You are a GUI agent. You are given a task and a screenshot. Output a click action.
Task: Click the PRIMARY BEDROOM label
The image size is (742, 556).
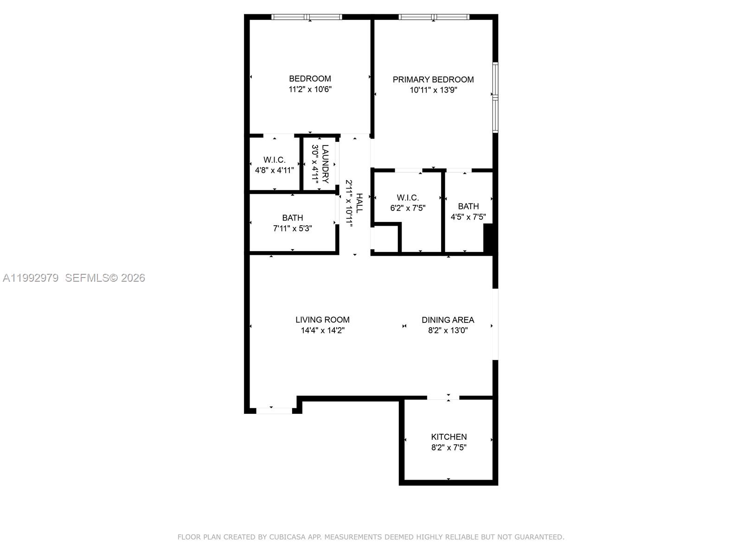click(x=433, y=80)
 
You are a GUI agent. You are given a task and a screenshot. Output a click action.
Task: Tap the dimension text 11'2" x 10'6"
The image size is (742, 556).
click(x=310, y=89)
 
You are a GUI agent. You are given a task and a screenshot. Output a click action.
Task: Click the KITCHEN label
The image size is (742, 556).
click(x=448, y=437)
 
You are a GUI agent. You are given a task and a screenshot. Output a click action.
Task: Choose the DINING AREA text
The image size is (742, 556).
click(x=448, y=320)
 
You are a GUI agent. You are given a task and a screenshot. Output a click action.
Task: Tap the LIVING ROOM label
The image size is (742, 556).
click(x=322, y=320)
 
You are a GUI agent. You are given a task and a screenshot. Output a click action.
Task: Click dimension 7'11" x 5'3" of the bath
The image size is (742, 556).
click(x=292, y=228)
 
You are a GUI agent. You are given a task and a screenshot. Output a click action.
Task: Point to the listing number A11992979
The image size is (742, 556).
click(x=31, y=278)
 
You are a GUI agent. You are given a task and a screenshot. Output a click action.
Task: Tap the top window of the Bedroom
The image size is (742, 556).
click(x=307, y=17)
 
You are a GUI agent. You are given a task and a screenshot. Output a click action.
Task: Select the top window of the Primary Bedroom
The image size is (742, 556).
click(x=434, y=17)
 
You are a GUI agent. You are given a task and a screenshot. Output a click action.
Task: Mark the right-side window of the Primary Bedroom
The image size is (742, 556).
click(x=495, y=97)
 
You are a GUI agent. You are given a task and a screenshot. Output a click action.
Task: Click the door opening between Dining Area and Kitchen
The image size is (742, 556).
click(x=443, y=398)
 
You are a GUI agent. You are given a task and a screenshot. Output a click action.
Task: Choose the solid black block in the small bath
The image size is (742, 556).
click(x=488, y=238)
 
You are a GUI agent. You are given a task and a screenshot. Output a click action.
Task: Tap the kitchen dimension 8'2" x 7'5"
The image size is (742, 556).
click(x=448, y=448)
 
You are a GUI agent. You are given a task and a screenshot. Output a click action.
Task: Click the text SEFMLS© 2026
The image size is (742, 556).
click(x=105, y=278)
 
